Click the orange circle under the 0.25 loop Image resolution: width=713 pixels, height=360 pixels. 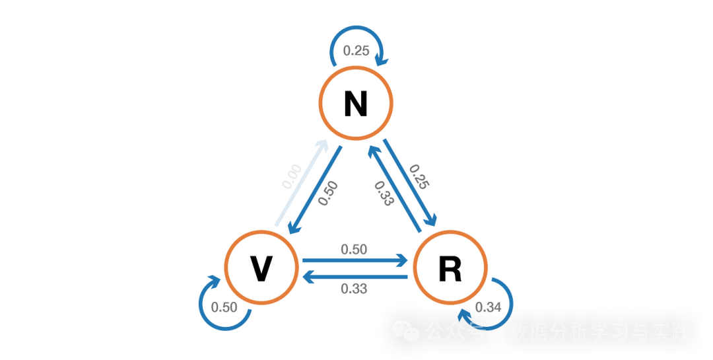(356, 103)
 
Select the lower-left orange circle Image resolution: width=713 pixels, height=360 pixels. (261, 267)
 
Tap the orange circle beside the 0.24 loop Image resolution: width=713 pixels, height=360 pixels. (450, 267)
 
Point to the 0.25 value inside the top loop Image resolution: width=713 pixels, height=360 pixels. (356, 50)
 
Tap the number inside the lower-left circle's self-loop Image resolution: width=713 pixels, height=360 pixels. (224, 306)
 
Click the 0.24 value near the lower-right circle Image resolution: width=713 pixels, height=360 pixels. (489, 306)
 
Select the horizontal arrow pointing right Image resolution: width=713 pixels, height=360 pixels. (355, 260)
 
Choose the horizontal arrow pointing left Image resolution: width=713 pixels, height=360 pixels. (355, 277)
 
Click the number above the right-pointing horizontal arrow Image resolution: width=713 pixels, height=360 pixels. (354, 249)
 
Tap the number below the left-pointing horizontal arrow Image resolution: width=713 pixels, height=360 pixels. (354, 289)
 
